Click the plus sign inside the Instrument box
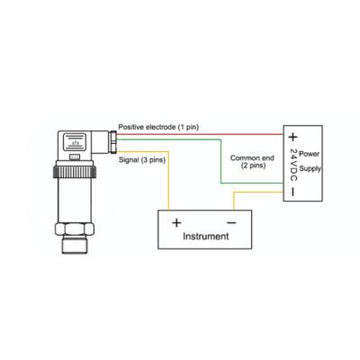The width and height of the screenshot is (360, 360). [x=176, y=220]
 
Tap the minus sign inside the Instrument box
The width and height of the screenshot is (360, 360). [x=231, y=220]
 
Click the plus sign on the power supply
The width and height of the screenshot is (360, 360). [x=292, y=137]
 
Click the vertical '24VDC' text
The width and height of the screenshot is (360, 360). [x=292, y=164]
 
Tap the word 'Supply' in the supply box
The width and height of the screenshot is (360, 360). [x=309, y=167]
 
